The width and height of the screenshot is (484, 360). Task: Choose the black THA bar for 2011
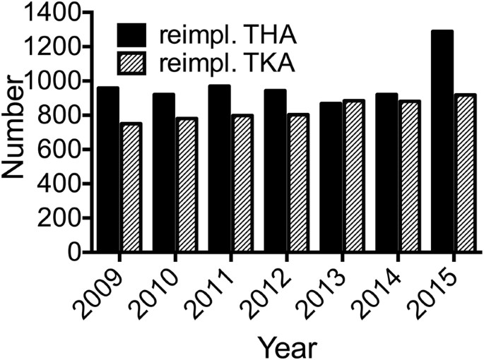(x=219, y=169)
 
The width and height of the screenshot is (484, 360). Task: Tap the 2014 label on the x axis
(x=382, y=291)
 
